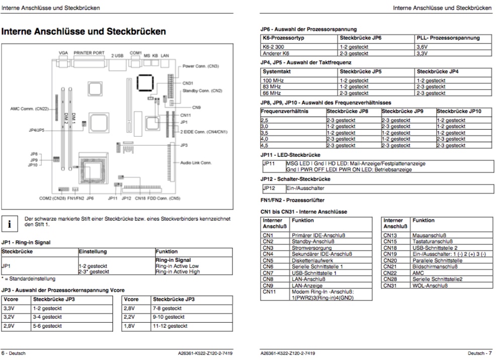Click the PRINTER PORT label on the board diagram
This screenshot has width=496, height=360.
pyautogui.click(x=89, y=52)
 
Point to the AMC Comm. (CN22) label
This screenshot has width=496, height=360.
pyautogui.click(x=30, y=109)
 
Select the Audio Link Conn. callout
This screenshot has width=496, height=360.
pyautogui.click(x=196, y=162)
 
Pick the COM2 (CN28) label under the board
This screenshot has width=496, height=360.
pyautogui.click(x=53, y=198)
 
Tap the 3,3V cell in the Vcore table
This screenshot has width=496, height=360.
pyautogui.click(x=9, y=308)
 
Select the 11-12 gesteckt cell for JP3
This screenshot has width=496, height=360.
pyautogui.click(x=167, y=326)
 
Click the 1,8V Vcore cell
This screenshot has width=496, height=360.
pyautogui.click(x=129, y=326)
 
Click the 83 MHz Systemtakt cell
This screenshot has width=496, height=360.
pyautogui.click(x=272, y=86)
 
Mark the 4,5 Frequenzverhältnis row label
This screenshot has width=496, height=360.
pyautogui.click(x=264, y=145)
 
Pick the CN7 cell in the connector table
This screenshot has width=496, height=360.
pyautogui.click(x=268, y=273)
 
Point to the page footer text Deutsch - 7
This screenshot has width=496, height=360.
pyautogui.click(x=479, y=353)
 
